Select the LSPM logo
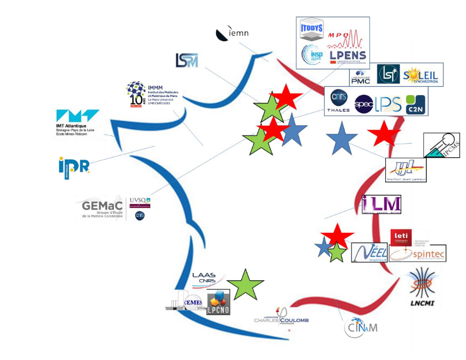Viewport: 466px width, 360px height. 187,60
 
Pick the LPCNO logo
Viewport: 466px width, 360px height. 218,302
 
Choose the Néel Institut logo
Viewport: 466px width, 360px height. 369,252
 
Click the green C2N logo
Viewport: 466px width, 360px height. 416,103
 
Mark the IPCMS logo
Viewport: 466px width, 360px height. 441,145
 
